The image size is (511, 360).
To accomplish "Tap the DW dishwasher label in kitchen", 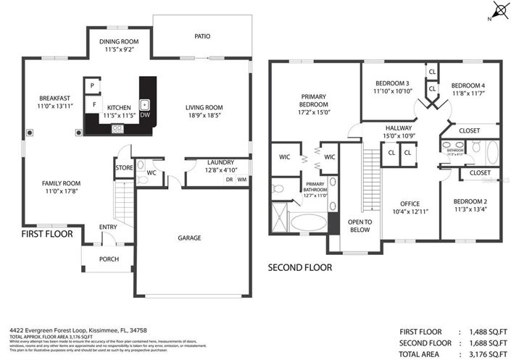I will pyautogui.click(x=144, y=115).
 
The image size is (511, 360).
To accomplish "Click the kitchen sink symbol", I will pyautogui.click(x=144, y=104).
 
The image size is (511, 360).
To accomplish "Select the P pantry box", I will pyautogui.click(x=93, y=86).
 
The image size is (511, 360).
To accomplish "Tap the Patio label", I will pyautogui.click(x=202, y=35).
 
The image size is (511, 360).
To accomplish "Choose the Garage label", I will pyautogui.click(x=190, y=238).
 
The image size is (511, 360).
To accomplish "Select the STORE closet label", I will pyautogui.click(x=123, y=169).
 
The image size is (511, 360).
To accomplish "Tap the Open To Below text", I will pyautogui.click(x=360, y=226).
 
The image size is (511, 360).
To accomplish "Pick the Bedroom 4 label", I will pyautogui.click(x=469, y=85).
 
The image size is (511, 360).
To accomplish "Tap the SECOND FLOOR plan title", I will pyautogui.click(x=300, y=267).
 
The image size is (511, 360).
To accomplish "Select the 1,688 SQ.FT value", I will pyautogui.click(x=487, y=343).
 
